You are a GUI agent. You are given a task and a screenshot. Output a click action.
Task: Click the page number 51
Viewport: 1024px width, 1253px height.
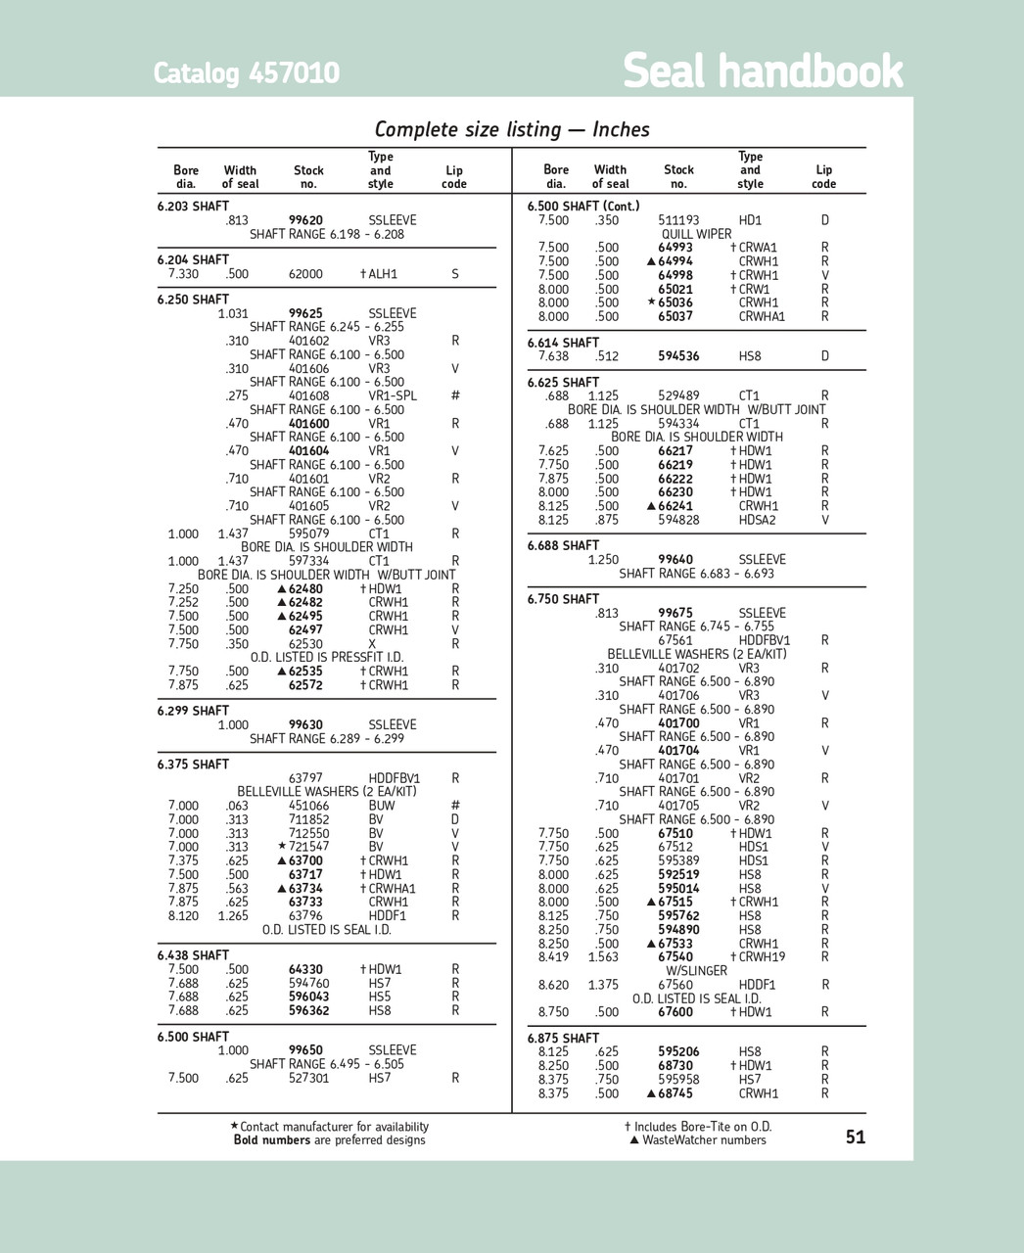[855, 1137]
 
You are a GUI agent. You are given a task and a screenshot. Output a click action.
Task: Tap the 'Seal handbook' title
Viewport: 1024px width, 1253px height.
[763, 71]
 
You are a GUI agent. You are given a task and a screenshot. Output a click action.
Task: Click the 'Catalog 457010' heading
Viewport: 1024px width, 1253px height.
[246, 73]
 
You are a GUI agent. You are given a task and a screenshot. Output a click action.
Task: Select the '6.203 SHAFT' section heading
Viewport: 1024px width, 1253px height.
[193, 207]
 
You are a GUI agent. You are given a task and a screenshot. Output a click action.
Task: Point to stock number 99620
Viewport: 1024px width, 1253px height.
[305, 220]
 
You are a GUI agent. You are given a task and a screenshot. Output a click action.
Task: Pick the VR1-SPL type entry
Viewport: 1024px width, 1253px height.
[393, 396]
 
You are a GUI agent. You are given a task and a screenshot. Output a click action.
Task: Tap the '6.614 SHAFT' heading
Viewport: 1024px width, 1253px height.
[563, 343]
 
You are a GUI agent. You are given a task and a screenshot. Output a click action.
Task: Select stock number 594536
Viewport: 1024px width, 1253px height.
[678, 356]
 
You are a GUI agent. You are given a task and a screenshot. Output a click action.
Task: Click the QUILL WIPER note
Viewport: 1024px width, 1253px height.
[696, 234]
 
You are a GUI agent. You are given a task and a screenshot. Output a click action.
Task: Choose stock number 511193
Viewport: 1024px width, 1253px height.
[678, 220]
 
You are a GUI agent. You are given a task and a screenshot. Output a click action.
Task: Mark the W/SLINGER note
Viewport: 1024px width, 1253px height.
[696, 971]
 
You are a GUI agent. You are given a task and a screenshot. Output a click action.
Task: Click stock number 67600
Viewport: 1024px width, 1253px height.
[675, 1012]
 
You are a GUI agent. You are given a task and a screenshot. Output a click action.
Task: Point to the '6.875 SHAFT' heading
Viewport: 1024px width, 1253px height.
[563, 1038]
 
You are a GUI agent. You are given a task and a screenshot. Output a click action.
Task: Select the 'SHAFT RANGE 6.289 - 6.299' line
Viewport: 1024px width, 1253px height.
[326, 739]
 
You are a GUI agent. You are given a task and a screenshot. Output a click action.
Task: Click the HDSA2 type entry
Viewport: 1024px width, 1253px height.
[757, 520]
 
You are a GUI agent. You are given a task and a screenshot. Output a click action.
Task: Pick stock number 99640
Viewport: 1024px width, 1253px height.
[675, 560]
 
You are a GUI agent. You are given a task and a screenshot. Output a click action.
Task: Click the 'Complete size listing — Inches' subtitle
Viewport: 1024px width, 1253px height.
[512, 129]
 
